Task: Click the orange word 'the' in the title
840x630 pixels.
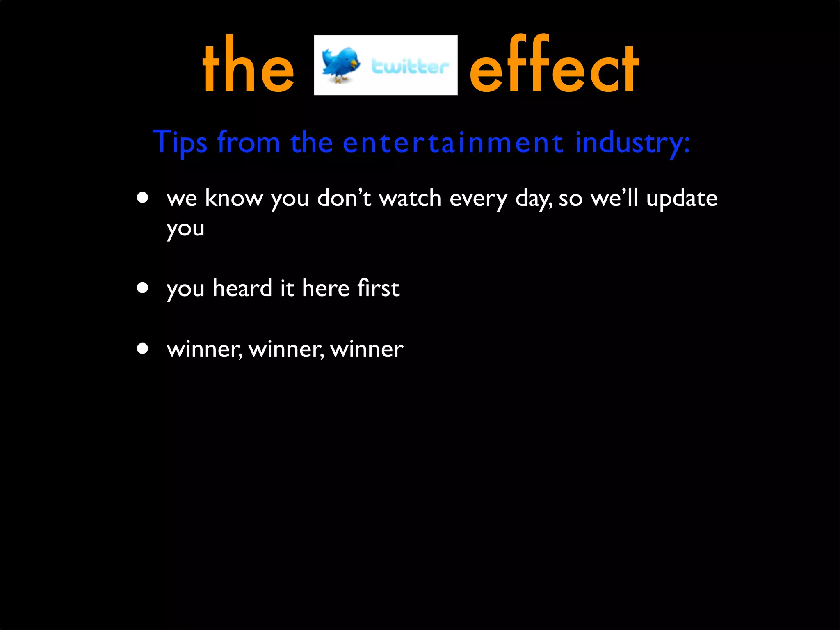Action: [x=248, y=66]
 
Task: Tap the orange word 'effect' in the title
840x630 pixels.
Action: [x=554, y=66]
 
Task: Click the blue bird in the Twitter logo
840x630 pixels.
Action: [x=340, y=64]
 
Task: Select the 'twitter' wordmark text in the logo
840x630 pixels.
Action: [x=410, y=66]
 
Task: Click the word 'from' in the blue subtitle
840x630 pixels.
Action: [x=249, y=142]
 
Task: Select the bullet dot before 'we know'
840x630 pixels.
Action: [x=143, y=199]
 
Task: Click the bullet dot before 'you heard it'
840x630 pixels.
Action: [x=143, y=288]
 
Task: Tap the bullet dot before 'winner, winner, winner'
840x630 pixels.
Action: [x=143, y=349]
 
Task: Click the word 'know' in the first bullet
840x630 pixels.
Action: [x=233, y=199]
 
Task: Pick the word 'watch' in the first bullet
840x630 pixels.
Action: [x=410, y=199]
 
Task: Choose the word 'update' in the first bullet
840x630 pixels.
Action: [x=682, y=199]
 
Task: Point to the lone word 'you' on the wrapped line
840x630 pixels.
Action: [x=185, y=229]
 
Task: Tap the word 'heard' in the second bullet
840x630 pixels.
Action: [x=242, y=288]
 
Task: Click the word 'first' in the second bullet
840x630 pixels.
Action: [x=378, y=288]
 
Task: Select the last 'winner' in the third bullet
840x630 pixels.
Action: [x=367, y=349]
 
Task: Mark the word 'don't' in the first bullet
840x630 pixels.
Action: [x=344, y=199]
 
